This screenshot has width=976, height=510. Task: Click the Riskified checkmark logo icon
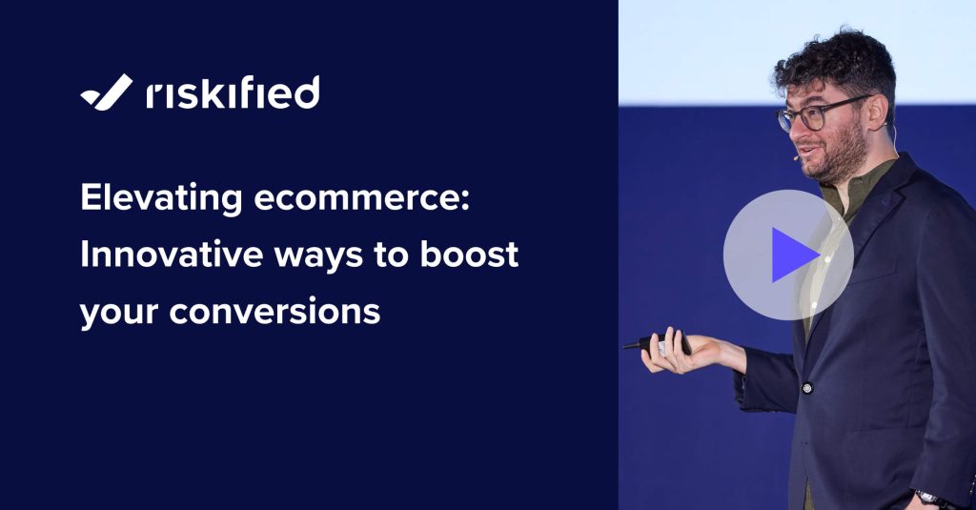[x=106, y=92]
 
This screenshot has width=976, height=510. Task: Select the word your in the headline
[x=117, y=313]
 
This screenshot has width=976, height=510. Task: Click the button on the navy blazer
[x=806, y=388]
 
